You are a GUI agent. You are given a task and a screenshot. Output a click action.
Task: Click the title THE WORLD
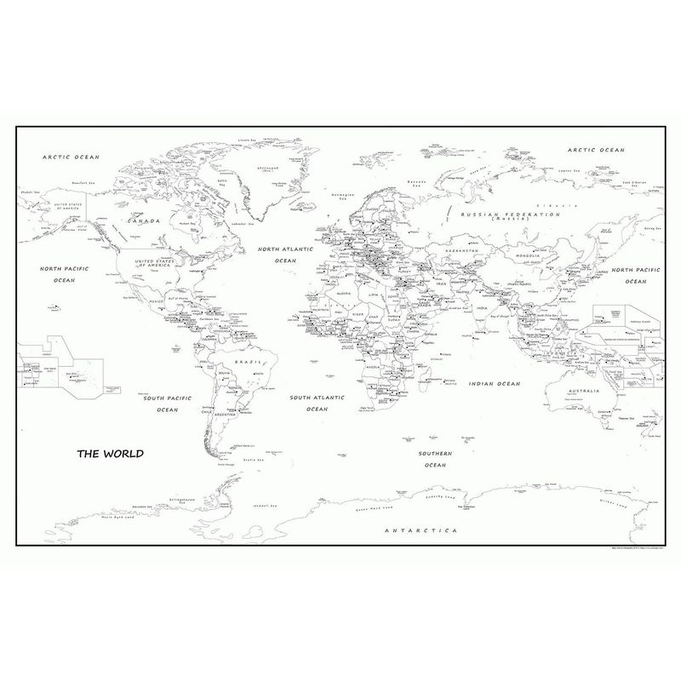point(111,453)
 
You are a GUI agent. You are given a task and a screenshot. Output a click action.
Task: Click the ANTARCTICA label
point(421,530)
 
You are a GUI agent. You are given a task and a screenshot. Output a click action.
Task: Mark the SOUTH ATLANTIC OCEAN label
point(316,403)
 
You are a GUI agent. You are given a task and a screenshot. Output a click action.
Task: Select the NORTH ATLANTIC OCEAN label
point(286,255)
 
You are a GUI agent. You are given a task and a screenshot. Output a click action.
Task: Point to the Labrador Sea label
point(244,225)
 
